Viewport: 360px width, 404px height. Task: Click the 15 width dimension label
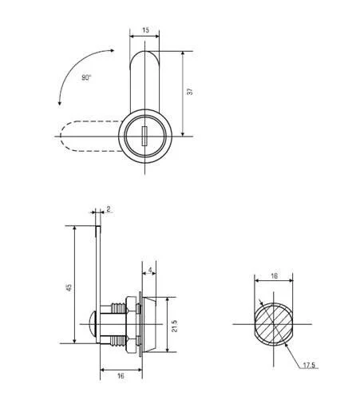(145, 30)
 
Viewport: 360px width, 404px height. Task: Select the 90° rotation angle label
(86, 77)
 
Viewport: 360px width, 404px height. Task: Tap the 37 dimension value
(190, 92)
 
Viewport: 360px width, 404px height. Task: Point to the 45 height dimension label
(69, 287)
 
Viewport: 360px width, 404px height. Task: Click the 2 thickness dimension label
(108, 209)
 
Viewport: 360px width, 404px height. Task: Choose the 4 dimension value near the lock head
(150, 271)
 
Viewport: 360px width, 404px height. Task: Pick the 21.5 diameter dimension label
(174, 326)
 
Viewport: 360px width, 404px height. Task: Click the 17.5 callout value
(309, 365)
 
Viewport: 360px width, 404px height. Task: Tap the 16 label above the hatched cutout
(274, 275)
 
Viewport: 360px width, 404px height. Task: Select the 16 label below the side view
(121, 375)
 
